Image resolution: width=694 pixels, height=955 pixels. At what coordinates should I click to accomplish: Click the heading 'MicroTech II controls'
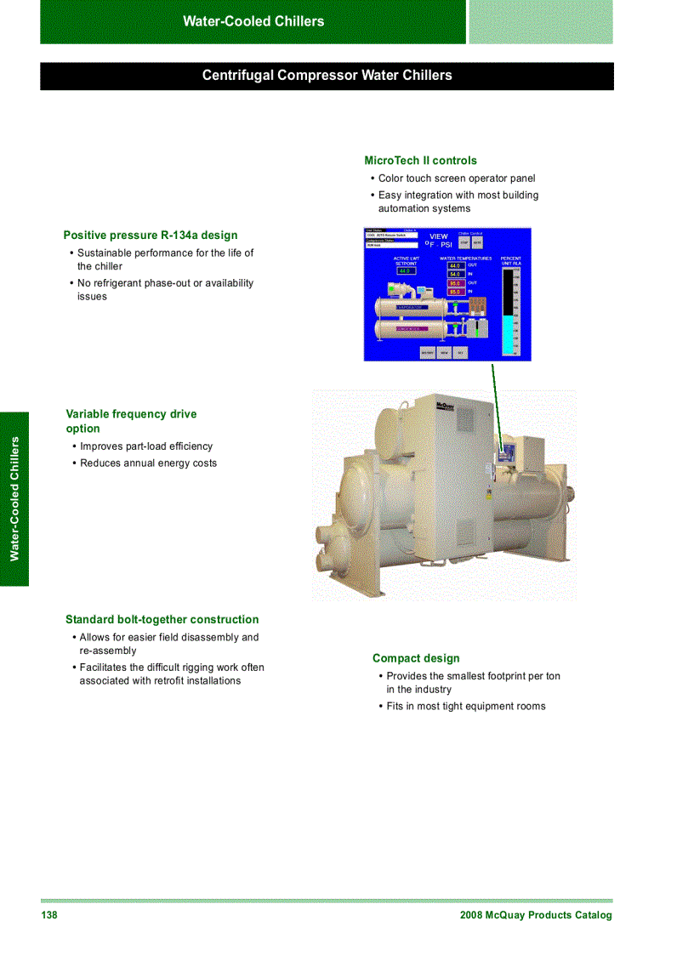point(420,161)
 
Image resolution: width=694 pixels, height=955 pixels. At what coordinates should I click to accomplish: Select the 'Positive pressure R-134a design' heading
point(151,236)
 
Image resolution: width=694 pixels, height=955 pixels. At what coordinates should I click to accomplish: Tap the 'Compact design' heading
point(416,658)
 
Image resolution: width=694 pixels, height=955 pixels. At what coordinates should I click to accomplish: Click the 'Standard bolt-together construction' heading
point(162,620)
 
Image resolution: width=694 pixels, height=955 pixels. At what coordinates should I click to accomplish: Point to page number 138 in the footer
point(49,915)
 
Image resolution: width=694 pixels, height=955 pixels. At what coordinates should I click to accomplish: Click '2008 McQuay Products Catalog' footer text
point(535,915)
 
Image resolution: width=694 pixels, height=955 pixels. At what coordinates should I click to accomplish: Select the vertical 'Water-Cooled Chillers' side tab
point(14,498)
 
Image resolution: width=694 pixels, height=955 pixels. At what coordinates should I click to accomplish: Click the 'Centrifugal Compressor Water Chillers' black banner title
point(327,76)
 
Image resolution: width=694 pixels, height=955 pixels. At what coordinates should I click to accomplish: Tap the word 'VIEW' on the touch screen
point(439,236)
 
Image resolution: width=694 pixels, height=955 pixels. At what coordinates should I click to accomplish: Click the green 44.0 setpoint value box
point(405,271)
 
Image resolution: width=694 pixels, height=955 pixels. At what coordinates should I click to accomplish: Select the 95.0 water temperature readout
point(455,283)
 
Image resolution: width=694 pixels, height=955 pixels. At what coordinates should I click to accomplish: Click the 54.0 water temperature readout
point(455,275)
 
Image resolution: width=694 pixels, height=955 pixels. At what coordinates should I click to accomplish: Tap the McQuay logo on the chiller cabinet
point(445,406)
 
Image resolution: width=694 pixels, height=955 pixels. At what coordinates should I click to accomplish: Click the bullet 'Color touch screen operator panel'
point(457,179)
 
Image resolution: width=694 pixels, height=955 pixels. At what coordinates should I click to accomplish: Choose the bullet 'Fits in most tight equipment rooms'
point(466,707)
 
